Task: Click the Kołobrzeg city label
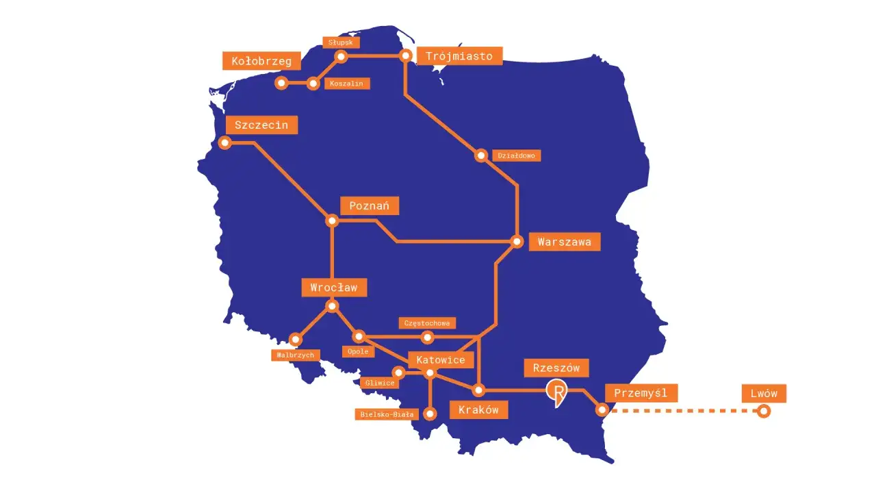click(x=261, y=61)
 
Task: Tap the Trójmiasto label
click(x=459, y=56)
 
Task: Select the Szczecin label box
click(x=261, y=125)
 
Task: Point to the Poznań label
click(x=369, y=205)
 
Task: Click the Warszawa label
click(x=564, y=242)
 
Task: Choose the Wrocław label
click(x=334, y=288)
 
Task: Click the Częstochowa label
click(x=427, y=323)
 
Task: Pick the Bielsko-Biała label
click(x=387, y=414)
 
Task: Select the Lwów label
click(x=764, y=393)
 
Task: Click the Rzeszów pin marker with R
click(x=557, y=393)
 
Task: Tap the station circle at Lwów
click(x=763, y=411)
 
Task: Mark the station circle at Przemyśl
click(x=602, y=410)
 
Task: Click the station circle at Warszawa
click(x=518, y=241)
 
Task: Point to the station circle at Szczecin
click(x=224, y=142)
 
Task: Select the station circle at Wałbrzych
click(x=296, y=339)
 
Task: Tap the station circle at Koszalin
click(x=313, y=84)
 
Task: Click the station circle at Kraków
click(x=478, y=390)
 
